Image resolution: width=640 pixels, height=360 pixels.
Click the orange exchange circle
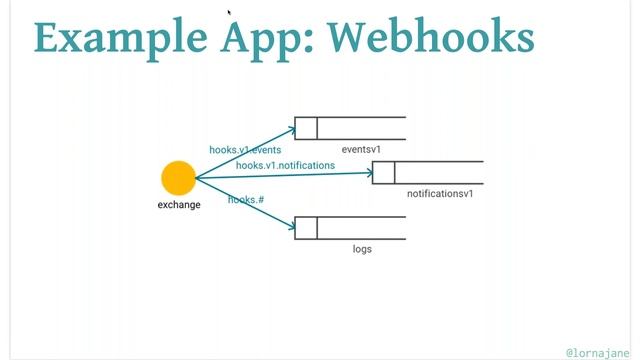coord(178,178)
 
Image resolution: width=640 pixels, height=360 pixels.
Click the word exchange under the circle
coord(179,205)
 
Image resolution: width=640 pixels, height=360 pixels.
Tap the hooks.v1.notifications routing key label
coord(285,165)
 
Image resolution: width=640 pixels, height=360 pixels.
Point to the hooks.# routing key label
coord(246,200)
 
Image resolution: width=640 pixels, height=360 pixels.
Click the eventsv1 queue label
coord(362,149)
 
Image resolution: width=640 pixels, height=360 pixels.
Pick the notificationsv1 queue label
coord(440,193)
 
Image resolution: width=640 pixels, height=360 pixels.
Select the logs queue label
coord(362,248)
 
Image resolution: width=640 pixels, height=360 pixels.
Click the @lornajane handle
coord(597,352)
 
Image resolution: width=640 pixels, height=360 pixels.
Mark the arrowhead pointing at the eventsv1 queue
coord(292,127)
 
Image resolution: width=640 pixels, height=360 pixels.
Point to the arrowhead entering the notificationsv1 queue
coord(368,172)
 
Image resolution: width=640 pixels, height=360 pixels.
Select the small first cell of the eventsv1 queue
coord(306,128)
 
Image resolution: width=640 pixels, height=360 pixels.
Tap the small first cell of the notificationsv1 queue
coord(383,172)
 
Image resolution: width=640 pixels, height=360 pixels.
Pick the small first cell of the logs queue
coord(306,227)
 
